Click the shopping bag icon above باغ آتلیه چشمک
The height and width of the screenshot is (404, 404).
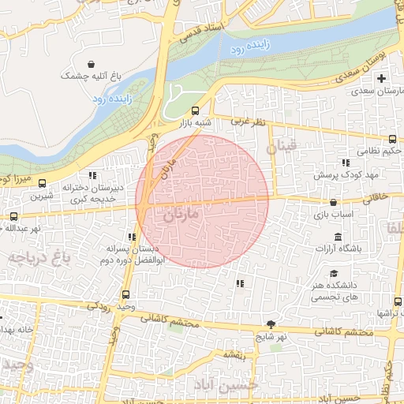(x=92, y=64)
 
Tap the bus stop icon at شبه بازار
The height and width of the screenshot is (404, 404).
(x=195, y=110)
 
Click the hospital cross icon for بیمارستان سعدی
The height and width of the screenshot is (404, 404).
(x=382, y=78)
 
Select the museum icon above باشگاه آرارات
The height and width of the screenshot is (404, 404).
(x=338, y=238)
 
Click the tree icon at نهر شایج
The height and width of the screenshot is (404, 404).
(x=271, y=324)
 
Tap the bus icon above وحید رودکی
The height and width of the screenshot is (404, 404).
(x=118, y=291)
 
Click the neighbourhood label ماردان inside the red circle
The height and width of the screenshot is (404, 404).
(x=184, y=214)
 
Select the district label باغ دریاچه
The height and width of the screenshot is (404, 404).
(x=39, y=258)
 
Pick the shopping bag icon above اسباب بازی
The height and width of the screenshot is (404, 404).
(x=334, y=203)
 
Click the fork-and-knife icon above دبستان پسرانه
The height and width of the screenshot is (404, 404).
(x=131, y=237)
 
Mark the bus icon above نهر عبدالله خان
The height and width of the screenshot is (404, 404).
(x=13, y=215)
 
